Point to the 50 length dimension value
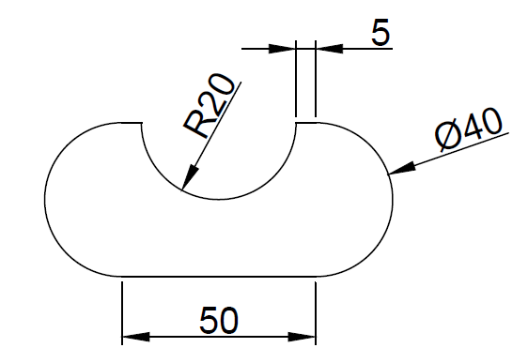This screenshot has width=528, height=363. [218, 321]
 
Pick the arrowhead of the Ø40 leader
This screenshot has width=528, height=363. [400, 170]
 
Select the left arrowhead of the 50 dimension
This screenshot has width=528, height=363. [133, 336]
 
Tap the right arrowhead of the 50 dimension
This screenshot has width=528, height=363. [303, 336]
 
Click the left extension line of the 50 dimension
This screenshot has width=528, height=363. [122, 310]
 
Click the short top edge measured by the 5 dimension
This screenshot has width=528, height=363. [305, 121]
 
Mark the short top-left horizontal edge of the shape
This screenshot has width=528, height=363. [132, 121]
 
